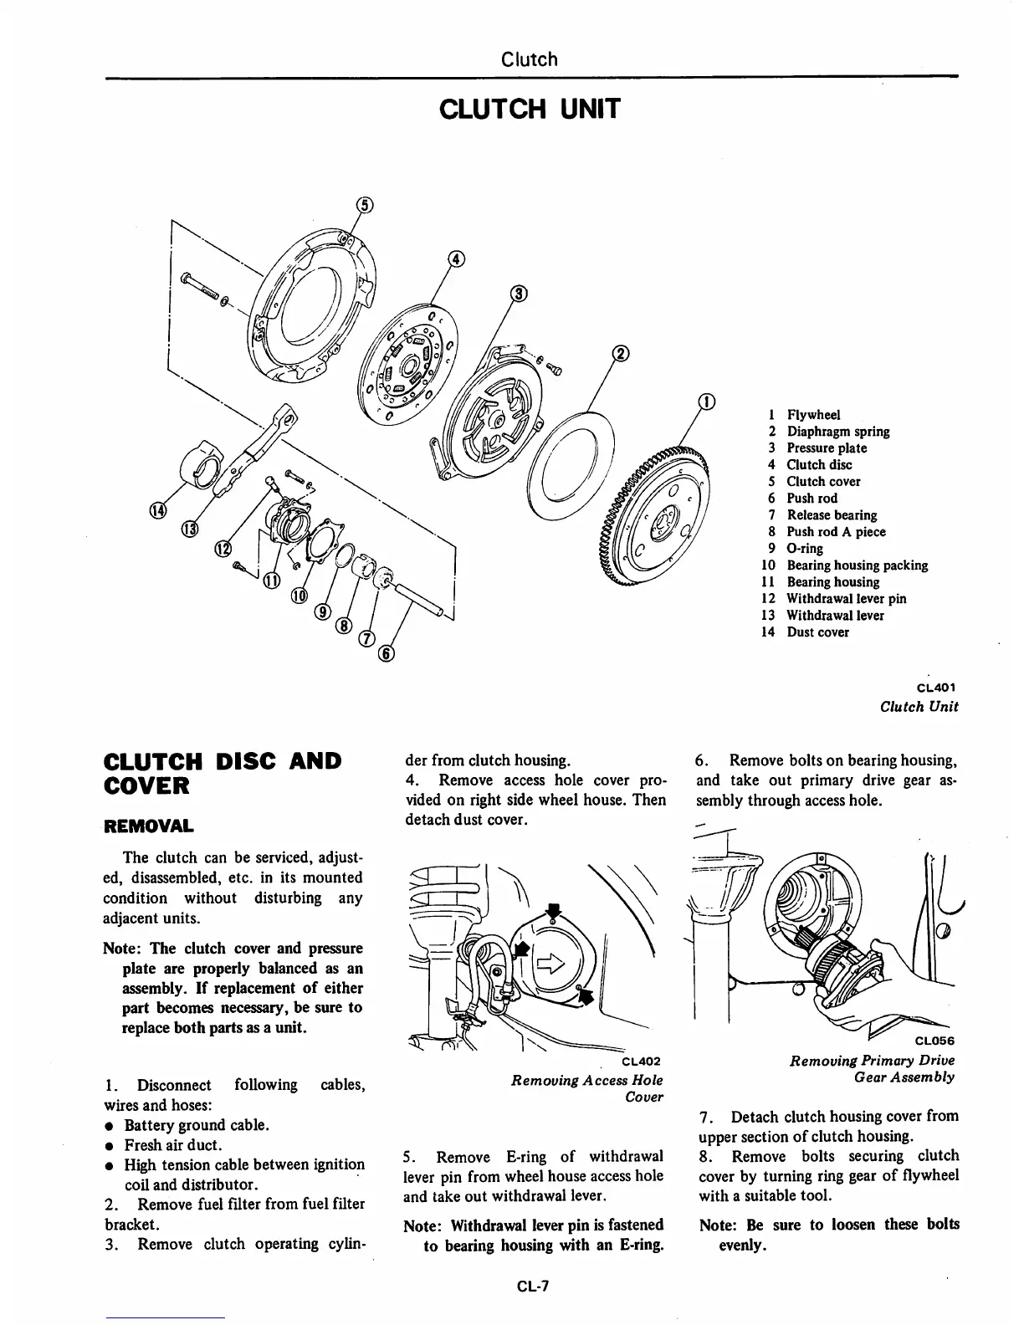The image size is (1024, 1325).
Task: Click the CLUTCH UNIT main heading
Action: click(529, 109)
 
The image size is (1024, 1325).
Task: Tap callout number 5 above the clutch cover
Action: click(364, 204)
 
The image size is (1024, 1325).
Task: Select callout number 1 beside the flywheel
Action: click(707, 402)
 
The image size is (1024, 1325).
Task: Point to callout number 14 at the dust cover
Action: click(157, 510)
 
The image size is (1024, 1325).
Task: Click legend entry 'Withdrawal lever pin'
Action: click(845, 599)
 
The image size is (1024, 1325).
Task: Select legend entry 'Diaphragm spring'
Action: click(837, 432)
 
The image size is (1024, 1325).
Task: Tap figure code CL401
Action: click(936, 688)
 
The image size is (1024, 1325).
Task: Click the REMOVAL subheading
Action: click(148, 826)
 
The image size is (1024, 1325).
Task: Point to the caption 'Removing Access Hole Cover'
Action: click(586, 1088)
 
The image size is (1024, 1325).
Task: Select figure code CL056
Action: click(934, 1041)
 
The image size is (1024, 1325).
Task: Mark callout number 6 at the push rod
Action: click(386, 653)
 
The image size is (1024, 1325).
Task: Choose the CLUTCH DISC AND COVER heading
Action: click(222, 773)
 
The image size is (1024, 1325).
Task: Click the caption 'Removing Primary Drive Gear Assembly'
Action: click(872, 1069)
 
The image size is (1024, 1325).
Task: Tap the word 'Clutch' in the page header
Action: click(529, 59)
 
